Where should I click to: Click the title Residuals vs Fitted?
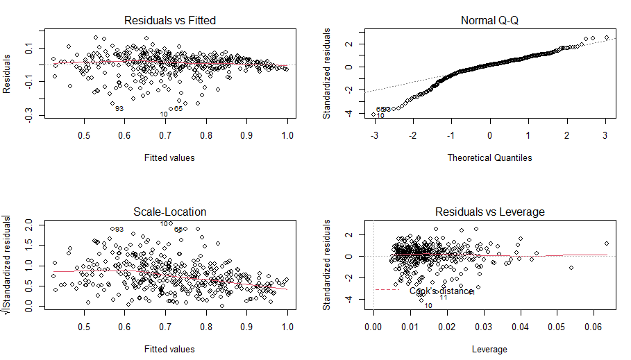point(169,20)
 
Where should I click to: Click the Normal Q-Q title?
point(489,20)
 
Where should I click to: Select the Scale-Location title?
point(169,212)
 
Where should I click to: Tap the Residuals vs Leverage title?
point(489,212)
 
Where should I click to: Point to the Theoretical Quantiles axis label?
point(489,157)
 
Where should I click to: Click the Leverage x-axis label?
point(489,349)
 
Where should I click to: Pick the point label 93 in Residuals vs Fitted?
point(119,109)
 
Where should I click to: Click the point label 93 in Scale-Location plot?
point(119,230)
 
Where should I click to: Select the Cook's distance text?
point(441,291)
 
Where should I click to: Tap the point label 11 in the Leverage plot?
point(444,298)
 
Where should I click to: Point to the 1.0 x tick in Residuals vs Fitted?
point(287,135)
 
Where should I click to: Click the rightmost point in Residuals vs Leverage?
point(606,243)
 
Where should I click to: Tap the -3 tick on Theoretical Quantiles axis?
point(374,135)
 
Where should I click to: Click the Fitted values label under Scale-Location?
point(169,349)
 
